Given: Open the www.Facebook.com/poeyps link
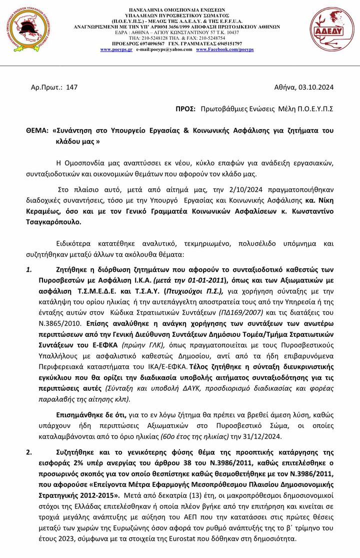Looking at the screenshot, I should click(224, 50).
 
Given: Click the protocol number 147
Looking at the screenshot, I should click(71, 87).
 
